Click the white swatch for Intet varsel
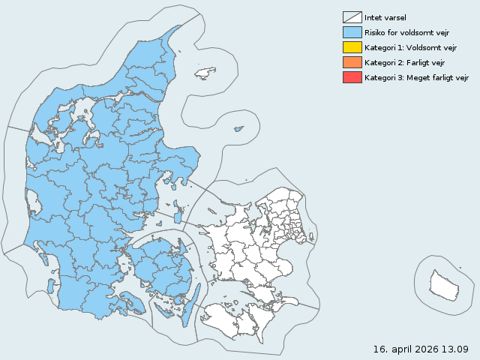point(352,17)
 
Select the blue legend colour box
point(352,32)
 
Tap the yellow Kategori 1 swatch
point(352,47)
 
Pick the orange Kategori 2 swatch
point(352,62)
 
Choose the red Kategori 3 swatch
point(352,77)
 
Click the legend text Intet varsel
point(385,17)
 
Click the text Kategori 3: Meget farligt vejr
point(416,77)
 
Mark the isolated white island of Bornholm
point(443,284)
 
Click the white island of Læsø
point(205,73)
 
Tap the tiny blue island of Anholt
point(238,128)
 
